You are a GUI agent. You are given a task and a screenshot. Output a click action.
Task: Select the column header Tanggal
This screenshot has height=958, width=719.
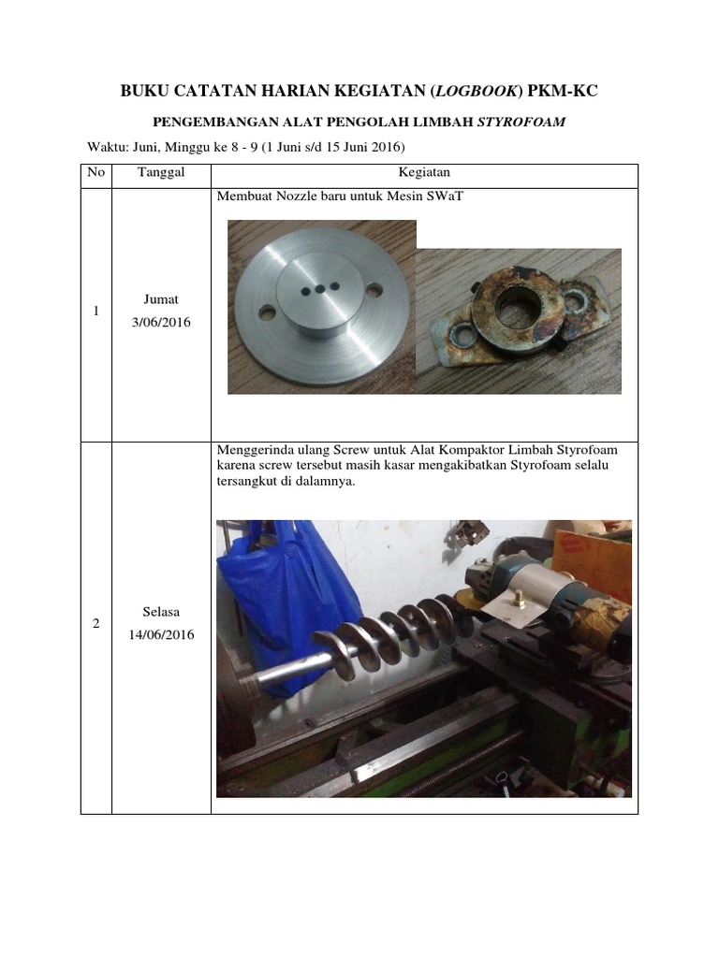[x=161, y=173]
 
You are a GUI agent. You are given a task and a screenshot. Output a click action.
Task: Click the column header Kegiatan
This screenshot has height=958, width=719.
[x=424, y=173]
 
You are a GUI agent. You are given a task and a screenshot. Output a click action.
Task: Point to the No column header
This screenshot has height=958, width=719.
[x=96, y=173]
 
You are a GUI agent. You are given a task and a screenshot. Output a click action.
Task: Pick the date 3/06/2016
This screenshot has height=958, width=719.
[x=161, y=323]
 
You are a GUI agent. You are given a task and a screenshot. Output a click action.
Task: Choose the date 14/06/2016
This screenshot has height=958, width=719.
[x=161, y=635]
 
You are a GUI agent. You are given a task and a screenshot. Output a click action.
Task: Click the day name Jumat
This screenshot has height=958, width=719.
[x=161, y=299]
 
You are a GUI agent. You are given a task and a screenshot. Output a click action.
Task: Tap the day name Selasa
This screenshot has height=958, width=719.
[x=161, y=612]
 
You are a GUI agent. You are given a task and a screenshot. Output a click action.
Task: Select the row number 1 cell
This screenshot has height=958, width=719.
[x=96, y=312]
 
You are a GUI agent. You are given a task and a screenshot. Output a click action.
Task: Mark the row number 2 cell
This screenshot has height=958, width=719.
[x=96, y=624]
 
